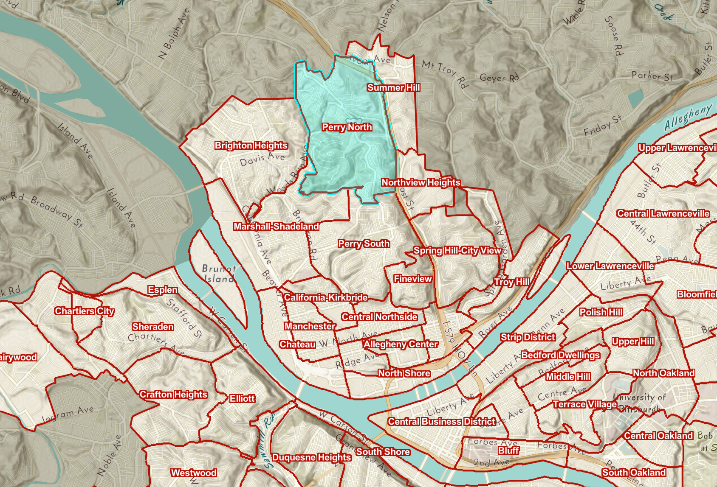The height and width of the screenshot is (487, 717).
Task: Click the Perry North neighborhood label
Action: coord(347,127)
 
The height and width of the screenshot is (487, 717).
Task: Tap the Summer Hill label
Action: coord(393,87)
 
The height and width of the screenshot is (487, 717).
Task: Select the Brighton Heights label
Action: coord(251,146)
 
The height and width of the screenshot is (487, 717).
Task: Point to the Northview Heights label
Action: coord(421,182)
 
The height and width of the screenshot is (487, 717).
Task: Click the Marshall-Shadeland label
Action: coord(276,227)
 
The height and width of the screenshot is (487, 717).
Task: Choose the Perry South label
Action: coord(364,243)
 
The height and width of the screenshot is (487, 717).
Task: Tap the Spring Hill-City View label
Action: coord(457,251)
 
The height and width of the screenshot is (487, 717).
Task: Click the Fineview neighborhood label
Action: coord(412,279)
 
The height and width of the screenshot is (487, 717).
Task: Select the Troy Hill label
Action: coord(511,282)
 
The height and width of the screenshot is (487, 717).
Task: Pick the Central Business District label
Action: coord(441,422)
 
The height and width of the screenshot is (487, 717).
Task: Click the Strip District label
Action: coord(528,337)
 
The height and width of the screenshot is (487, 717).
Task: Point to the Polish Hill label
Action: coord(601,312)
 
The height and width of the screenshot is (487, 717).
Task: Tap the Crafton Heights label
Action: coord(173,395)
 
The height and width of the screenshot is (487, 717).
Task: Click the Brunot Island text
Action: coord(218,274)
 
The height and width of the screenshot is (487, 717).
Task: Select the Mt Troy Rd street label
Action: coord(445,73)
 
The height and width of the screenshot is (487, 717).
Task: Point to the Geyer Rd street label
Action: coord(499,78)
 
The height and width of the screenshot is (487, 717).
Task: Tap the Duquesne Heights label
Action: coord(311,457)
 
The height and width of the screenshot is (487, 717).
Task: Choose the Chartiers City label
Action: coord(85,311)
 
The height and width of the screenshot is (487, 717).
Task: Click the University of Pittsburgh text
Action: coord(639,402)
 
